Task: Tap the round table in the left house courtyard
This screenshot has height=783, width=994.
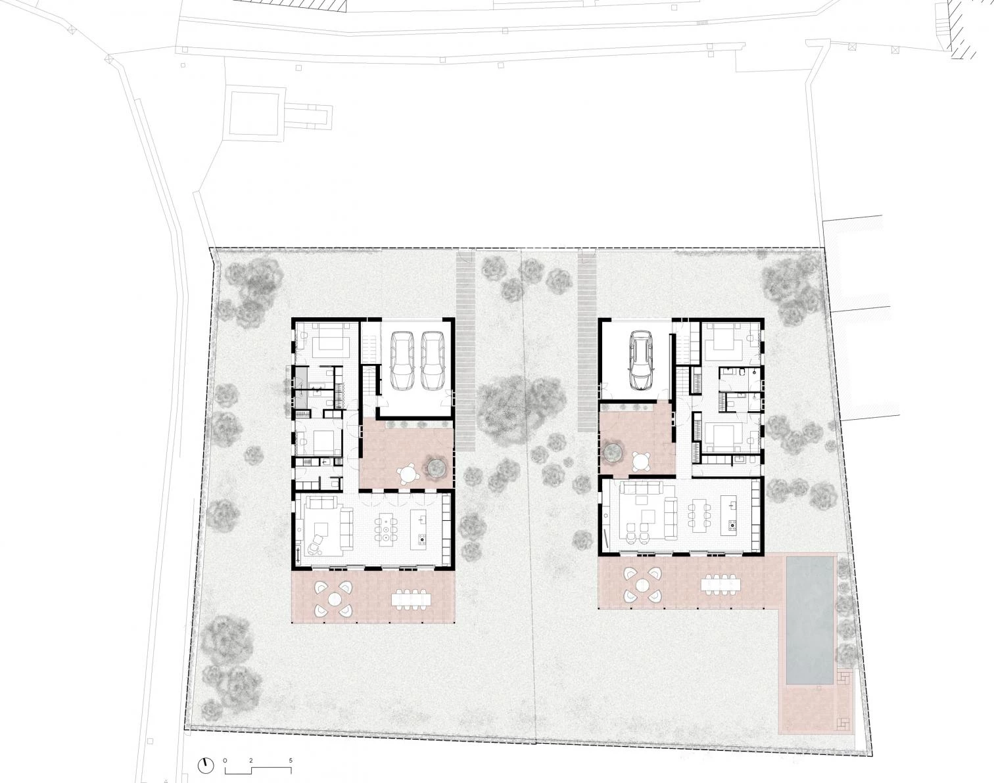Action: [x=408, y=475]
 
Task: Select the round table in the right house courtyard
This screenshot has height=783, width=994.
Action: [x=641, y=461]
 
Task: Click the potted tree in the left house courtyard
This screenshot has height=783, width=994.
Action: [x=437, y=467]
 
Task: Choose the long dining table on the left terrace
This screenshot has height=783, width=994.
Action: [x=411, y=600]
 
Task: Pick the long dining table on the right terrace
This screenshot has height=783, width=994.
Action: [x=720, y=585]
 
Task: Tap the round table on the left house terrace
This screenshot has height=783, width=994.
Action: [x=333, y=599]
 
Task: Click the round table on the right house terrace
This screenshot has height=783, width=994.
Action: [x=642, y=585]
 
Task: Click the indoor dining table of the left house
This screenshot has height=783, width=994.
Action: [x=385, y=529]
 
